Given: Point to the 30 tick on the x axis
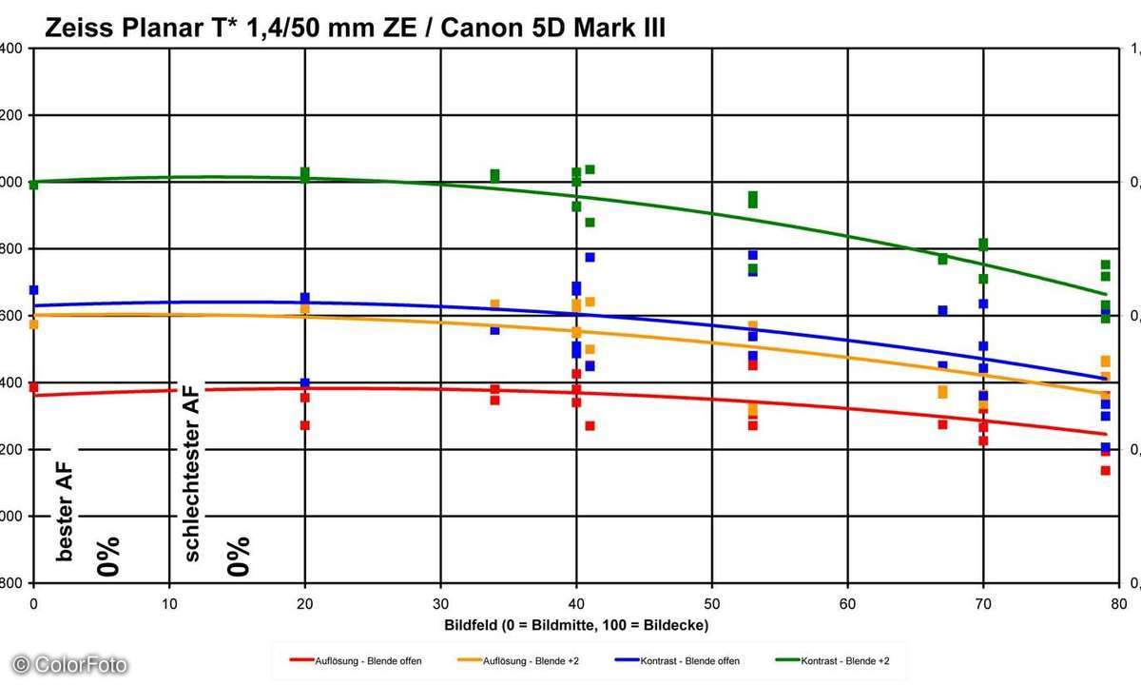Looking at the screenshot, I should [x=440, y=603].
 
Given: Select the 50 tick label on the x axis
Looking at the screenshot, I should [x=711, y=603].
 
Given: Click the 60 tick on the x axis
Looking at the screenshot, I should [x=847, y=603].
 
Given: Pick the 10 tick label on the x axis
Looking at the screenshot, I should [x=169, y=603].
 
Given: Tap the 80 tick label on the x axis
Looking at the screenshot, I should [x=1118, y=603].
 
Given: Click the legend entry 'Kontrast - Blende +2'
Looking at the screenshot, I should [x=834, y=658].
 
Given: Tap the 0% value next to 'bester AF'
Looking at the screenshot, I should [x=108, y=556].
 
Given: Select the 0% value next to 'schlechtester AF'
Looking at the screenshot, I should [x=238, y=556].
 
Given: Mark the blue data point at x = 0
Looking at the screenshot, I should [x=33, y=290].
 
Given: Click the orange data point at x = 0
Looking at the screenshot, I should [x=33, y=324].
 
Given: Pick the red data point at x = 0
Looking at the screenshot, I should [x=33, y=387].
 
